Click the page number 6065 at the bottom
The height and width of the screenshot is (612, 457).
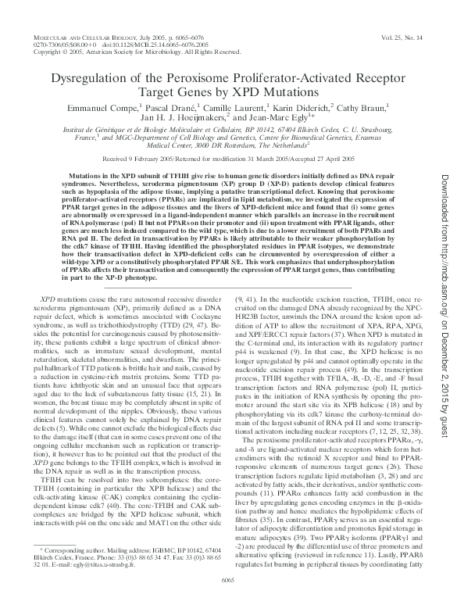(x=227, y=599)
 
